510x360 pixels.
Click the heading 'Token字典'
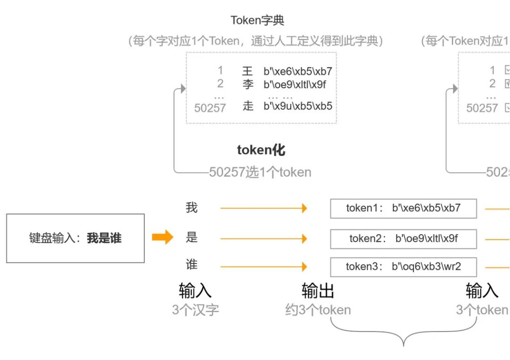[257, 21]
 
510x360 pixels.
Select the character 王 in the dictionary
[248, 71]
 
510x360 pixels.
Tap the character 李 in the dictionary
[248, 84]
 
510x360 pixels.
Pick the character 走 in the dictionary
[248, 106]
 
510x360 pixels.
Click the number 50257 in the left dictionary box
[210, 108]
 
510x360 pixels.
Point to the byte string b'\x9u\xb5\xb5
[297, 106]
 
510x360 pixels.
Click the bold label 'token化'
[261, 150]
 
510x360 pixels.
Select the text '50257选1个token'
[260, 172]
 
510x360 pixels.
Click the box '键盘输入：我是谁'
[76, 238]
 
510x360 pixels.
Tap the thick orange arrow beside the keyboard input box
[162, 237]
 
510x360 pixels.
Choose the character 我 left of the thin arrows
[191, 208]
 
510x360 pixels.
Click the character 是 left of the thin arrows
[191, 237]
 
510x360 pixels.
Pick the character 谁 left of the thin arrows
[191, 265]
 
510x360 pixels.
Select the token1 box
[403, 209]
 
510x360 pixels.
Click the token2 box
[403, 239]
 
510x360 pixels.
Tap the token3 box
[403, 267]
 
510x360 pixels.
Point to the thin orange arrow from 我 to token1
[263, 208]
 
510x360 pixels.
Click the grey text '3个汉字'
[195, 310]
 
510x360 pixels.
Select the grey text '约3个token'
[318, 310]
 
